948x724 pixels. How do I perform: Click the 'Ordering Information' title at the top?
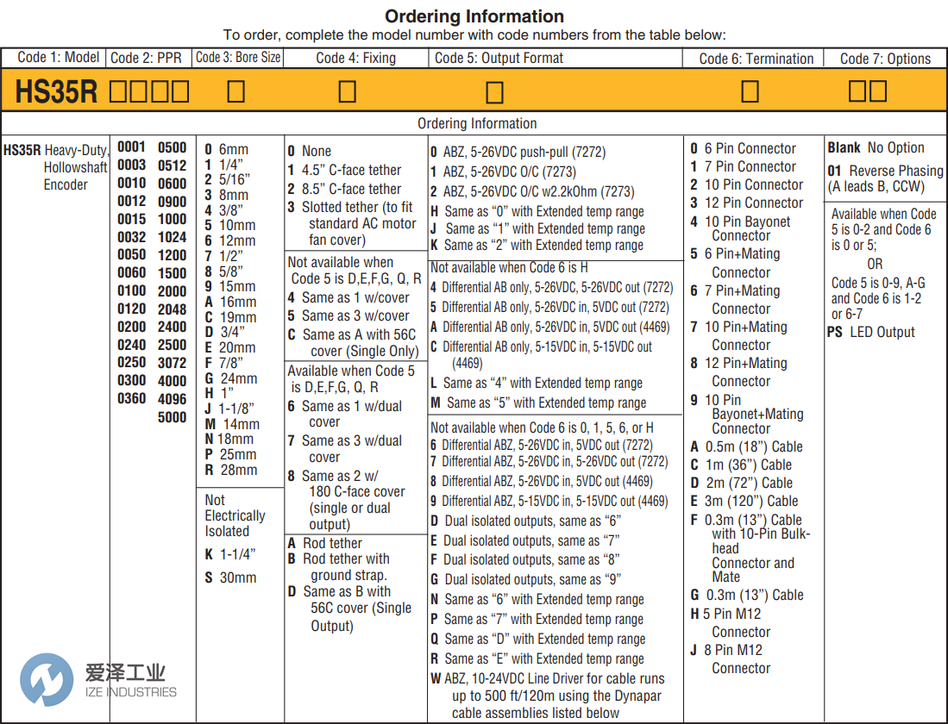[x=474, y=16]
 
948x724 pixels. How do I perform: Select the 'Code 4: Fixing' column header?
[x=355, y=59]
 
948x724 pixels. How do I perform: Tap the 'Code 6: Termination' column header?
[x=756, y=59]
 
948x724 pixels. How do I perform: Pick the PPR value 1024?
[x=172, y=237]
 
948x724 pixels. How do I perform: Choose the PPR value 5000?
[x=172, y=417]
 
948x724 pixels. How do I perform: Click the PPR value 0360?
[x=132, y=399]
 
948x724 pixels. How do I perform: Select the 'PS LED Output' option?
[x=871, y=332]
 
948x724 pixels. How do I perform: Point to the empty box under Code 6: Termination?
[x=750, y=91]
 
